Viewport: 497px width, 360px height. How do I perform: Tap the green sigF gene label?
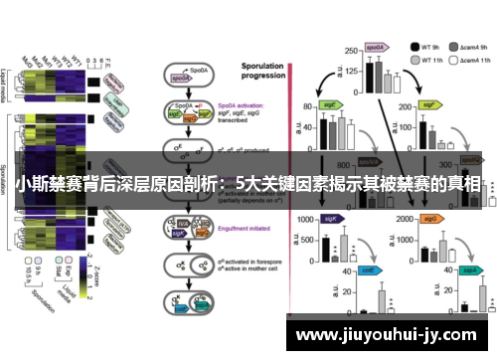[429, 103]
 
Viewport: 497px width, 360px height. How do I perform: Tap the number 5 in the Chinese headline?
[244, 184]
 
